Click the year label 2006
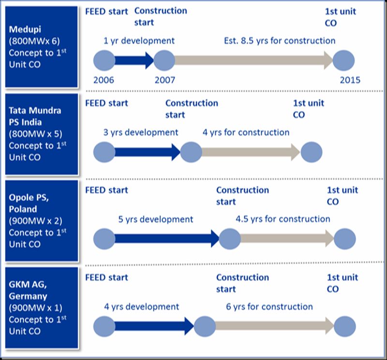(x=104, y=80)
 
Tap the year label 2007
(x=164, y=80)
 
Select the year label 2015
(x=350, y=80)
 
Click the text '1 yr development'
(x=139, y=41)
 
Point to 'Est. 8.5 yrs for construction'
(x=279, y=41)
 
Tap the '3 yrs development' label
(x=141, y=132)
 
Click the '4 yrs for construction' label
(x=246, y=132)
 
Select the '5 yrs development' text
(x=156, y=219)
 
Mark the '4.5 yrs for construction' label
(x=283, y=219)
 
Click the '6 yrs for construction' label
(x=269, y=306)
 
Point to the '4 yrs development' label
(x=141, y=306)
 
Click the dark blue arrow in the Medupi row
(x=134, y=60)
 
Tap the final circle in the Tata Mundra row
(x=311, y=152)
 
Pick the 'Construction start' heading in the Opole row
(x=242, y=195)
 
